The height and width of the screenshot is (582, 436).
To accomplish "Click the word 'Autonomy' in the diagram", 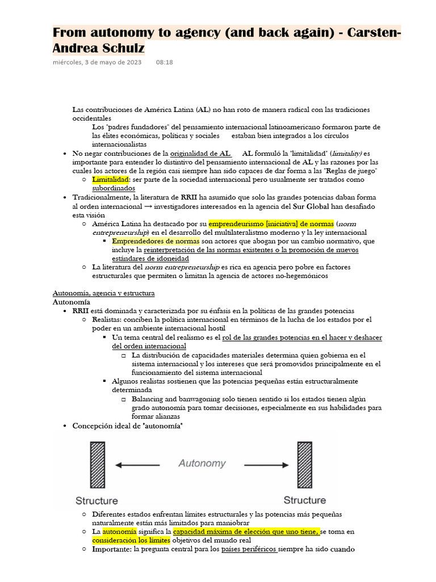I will pos(202,463).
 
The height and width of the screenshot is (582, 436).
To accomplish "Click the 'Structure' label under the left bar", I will pos(97,501).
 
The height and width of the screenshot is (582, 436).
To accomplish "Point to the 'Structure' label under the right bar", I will pos(305,500).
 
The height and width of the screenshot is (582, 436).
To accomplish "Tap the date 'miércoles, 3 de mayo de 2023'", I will pos(97,62).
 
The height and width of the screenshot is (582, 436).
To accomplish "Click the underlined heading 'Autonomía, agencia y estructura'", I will pos(104,293).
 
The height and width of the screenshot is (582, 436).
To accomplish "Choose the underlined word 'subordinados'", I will pos(114,188).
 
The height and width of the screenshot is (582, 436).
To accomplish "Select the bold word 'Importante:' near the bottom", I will pos(112,550).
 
